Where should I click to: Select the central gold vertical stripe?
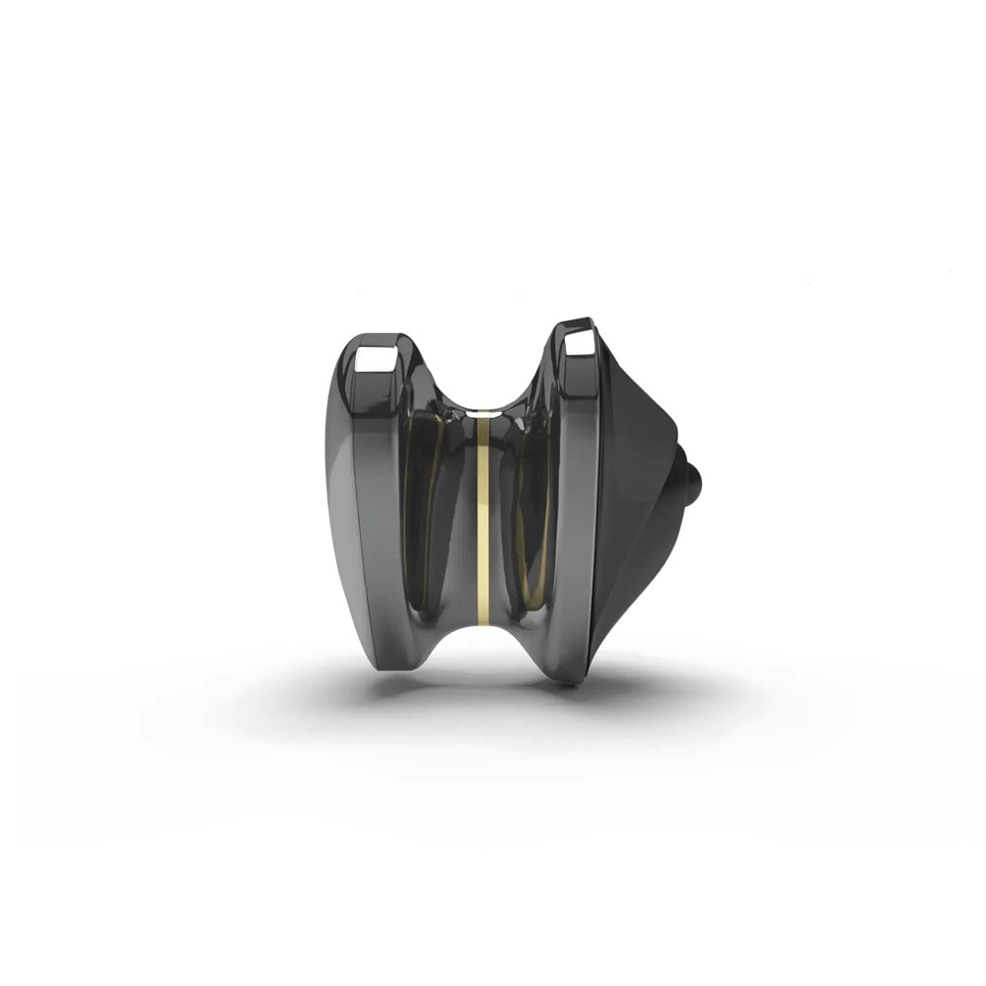point(483,523)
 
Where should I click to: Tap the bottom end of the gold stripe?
point(483,619)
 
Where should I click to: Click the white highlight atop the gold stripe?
point(482,405)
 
